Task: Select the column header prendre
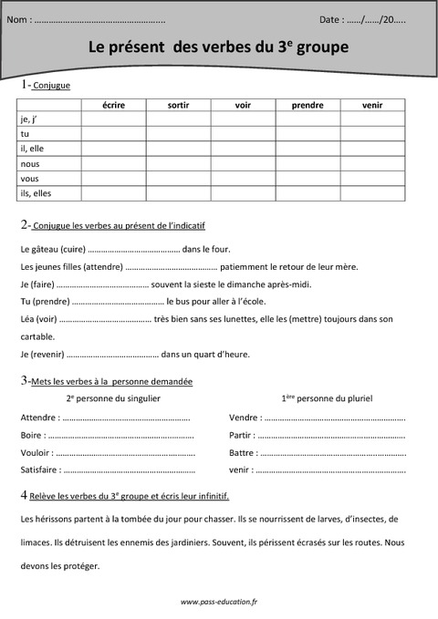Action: (x=308, y=105)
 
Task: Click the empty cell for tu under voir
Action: (x=243, y=134)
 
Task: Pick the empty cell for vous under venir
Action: (x=372, y=179)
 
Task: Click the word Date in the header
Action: (x=331, y=18)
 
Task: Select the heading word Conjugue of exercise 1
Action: (x=51, y=86)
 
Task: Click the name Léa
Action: (x=27, y=319)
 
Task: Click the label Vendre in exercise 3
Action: (x=244, y=418)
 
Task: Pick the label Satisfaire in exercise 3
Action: (x=39, y=469)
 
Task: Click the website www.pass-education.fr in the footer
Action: (x=219, y=602)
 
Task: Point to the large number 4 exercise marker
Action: (x=23, y=495)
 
